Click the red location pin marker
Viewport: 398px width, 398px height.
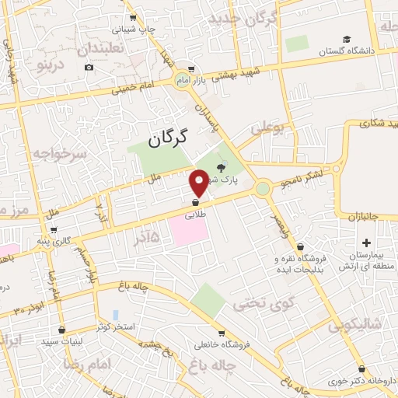[x=199, y=183]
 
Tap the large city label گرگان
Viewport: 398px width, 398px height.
[x=168, y=138]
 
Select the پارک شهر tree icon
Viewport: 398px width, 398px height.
[x=221, y=167]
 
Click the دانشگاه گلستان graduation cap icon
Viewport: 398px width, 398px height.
[x=347, y=40]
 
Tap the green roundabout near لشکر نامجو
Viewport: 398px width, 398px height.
[x=263, y=188]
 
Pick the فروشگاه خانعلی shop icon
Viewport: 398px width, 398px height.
[x=221, y=332]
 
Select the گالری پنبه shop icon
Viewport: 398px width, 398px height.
[x=54, y=230]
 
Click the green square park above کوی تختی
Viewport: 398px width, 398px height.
[x=208, y=299]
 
